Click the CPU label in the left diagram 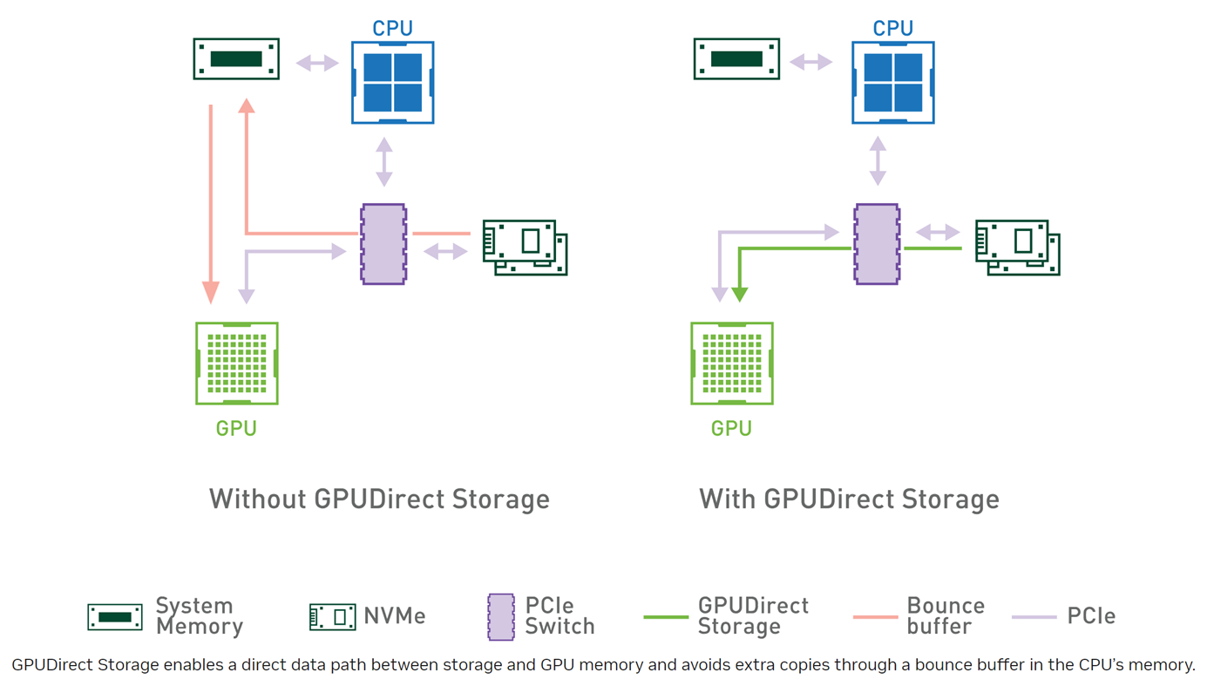pos(392,28)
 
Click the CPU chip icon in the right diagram pos(893,82)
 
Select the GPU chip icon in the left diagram pos(237,363)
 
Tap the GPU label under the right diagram pos(731,429)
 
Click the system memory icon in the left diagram pos(236,59)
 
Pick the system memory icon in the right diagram pos(736,59)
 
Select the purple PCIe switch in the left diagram pos(383,244)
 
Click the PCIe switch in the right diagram pos(877,244)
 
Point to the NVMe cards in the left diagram pos(526,248)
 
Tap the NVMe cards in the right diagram pos(1017,248)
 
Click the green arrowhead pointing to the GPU pos(739,295)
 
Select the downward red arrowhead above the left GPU pos(211,292)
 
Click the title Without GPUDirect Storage pos(379,499)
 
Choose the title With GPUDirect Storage pos(849,499)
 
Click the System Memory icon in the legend pos(115,616)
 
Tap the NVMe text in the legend pos(395,616)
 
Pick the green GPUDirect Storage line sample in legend pos(666,617)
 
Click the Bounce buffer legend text pos(946,615)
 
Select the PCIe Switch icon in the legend pos(501,617)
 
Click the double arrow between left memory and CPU pos(317,63)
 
